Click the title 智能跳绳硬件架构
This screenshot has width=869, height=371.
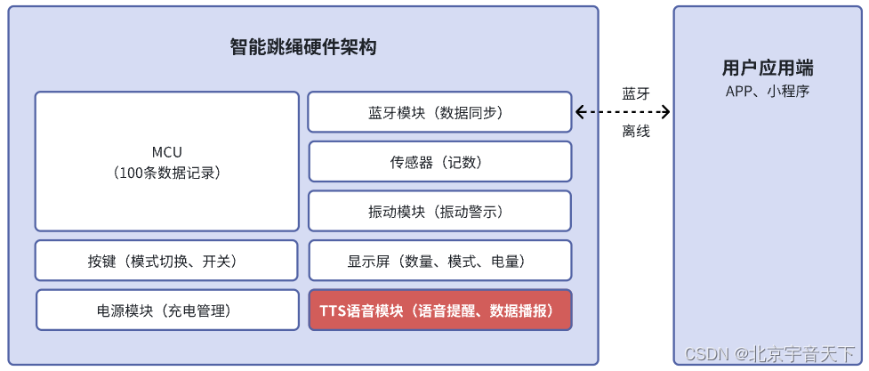[x=303, y=47]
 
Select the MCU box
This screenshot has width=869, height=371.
[x=167, y=161]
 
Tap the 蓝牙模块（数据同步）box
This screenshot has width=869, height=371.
[x=439, y=112]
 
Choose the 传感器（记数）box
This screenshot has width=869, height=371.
[x=439, y=162]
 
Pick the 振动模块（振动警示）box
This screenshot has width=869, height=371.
[x=439, y=212]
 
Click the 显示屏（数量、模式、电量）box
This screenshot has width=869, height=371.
[x=439, y=261]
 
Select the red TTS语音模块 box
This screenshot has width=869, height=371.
[x=439, y=311]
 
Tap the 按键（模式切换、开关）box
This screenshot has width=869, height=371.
[x=167, y=261]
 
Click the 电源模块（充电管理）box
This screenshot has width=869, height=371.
[x=167, y=311]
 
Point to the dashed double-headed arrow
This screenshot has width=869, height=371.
[x=623, y=112]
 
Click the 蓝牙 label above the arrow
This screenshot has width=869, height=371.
[x=636, y=93]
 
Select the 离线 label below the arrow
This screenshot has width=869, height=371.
[x=636, y=132]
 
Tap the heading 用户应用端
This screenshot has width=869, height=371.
[x=768, y=69]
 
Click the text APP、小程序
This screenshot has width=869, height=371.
[x=768, y=91]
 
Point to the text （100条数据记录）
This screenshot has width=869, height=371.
[x=167, y=172]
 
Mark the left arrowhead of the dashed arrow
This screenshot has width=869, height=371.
[x=580, y=112]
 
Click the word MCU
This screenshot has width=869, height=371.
[x=167, y=152]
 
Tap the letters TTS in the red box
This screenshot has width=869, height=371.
[x=333, y=311]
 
